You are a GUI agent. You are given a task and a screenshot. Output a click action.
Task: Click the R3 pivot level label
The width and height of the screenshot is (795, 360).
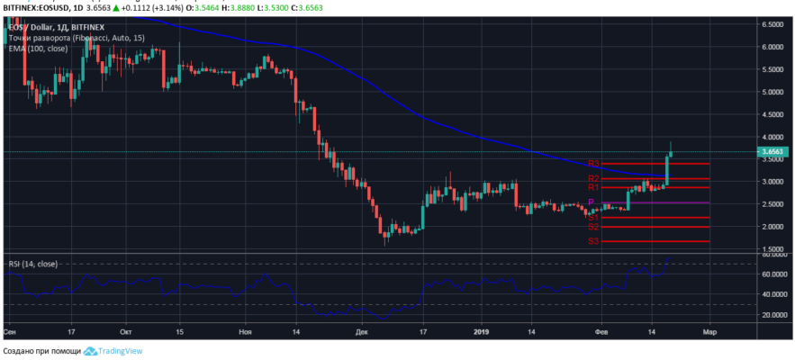[594, 164]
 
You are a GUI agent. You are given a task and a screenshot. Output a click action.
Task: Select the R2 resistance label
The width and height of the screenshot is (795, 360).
[594, 178]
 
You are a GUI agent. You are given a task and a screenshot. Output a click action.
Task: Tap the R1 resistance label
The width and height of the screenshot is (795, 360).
[594, 187]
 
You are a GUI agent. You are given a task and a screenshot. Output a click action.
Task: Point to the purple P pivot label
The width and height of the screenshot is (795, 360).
[591, 202]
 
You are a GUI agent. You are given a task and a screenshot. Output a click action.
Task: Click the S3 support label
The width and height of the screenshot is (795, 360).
[594, 241]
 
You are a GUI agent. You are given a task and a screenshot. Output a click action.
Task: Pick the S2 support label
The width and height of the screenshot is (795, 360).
[594, 227]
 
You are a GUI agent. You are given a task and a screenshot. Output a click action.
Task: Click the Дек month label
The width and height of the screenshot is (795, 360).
[361, 330]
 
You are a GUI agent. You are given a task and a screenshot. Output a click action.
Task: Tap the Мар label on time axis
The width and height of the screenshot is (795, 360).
[709, 330]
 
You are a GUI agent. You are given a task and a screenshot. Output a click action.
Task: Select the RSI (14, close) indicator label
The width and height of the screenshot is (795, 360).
[33, 264]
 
